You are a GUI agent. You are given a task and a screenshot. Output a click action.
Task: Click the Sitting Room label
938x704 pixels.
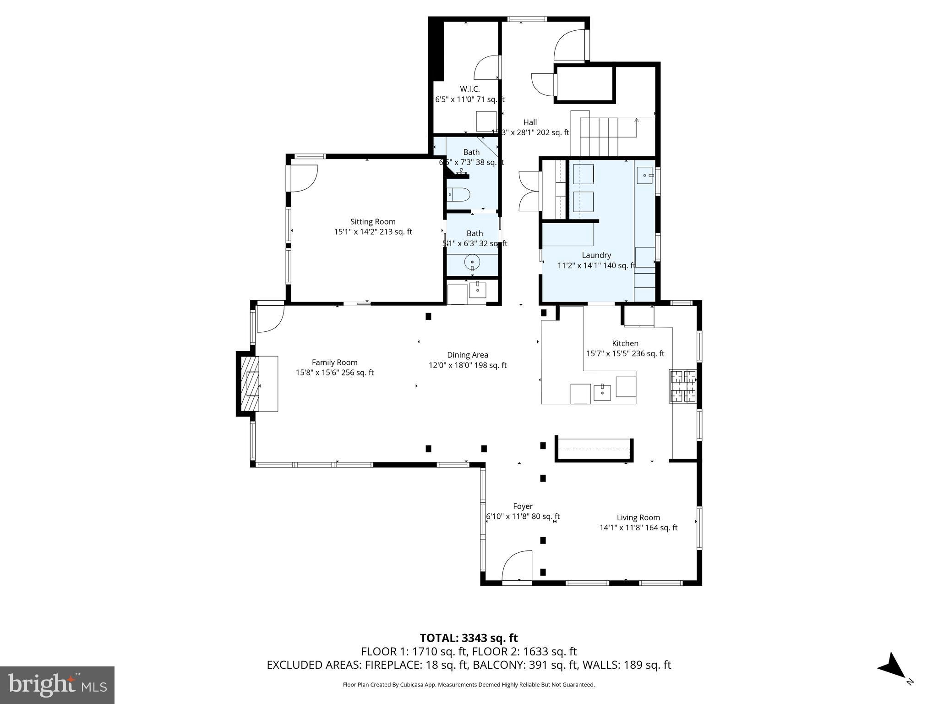(x=373, y=222)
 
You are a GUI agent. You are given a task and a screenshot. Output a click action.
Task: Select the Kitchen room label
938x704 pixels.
(x=625, y=343)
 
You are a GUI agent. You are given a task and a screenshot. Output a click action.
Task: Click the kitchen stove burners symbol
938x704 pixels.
(x=683, y=386)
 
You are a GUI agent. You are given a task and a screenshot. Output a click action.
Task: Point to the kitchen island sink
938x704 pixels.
(x=602, y=392)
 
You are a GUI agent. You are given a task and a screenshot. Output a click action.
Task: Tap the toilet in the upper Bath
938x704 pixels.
(x=458, y=195)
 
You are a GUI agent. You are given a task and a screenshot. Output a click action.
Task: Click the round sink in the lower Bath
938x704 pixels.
(x=472, y=263)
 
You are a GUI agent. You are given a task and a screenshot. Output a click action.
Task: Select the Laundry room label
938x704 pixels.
(x=596, y=255)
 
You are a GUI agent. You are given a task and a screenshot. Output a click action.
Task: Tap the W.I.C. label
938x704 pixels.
(x=469, y=89)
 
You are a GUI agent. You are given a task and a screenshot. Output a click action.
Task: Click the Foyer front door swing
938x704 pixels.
(x=517, y=567)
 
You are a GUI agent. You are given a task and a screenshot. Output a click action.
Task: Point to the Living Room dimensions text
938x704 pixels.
(x=638, y=528)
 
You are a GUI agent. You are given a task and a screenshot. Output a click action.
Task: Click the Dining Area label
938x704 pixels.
(x=468, y=355)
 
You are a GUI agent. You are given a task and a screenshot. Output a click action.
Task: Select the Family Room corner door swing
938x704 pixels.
(x=270, y=318)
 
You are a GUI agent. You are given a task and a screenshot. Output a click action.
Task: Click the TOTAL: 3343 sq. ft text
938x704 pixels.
(x=469, y=638)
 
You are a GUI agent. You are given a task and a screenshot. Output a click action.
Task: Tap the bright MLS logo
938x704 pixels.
(x=57, y=685)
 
